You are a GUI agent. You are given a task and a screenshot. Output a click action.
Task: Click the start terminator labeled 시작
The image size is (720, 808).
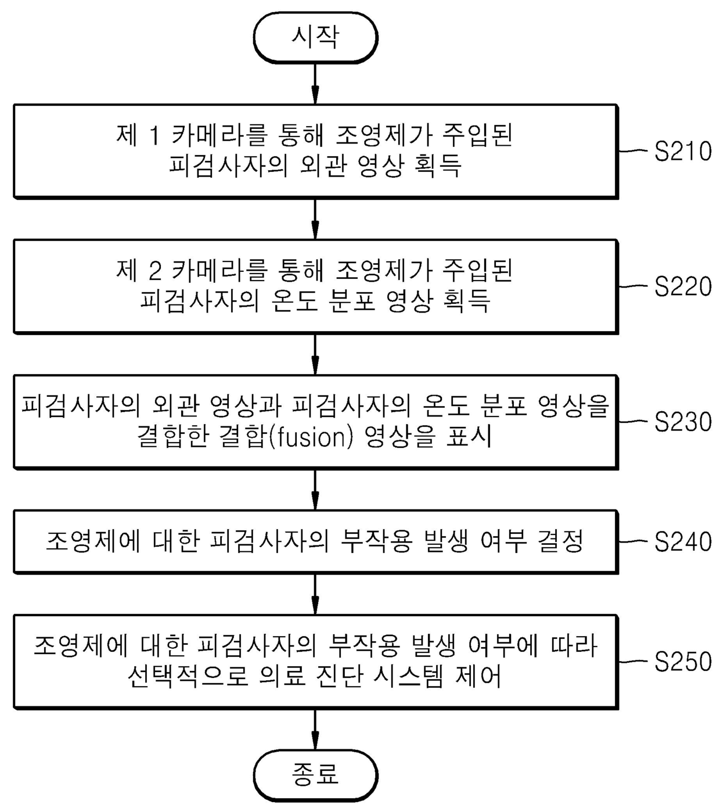315,37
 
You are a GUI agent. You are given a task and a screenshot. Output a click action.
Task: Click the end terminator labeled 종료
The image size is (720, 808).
315,775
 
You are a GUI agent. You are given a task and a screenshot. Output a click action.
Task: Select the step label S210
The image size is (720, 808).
683,152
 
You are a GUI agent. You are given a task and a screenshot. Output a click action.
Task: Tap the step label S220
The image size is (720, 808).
683,287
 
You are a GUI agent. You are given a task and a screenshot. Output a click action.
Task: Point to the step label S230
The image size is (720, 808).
683,422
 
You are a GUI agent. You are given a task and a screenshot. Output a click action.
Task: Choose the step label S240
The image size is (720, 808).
683,542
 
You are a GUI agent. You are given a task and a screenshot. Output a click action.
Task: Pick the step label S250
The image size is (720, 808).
683,662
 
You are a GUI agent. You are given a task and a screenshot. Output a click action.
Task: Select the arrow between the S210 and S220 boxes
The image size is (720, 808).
315,218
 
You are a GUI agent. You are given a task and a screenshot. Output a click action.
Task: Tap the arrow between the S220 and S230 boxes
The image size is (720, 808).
315,354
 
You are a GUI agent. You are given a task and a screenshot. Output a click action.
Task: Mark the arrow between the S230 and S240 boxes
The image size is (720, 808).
315,489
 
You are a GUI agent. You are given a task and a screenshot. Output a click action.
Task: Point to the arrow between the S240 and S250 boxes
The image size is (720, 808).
315,594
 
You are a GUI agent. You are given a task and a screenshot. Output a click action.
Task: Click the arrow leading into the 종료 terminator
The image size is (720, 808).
315,729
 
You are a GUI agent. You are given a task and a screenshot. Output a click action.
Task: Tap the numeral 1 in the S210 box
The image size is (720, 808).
154,136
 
